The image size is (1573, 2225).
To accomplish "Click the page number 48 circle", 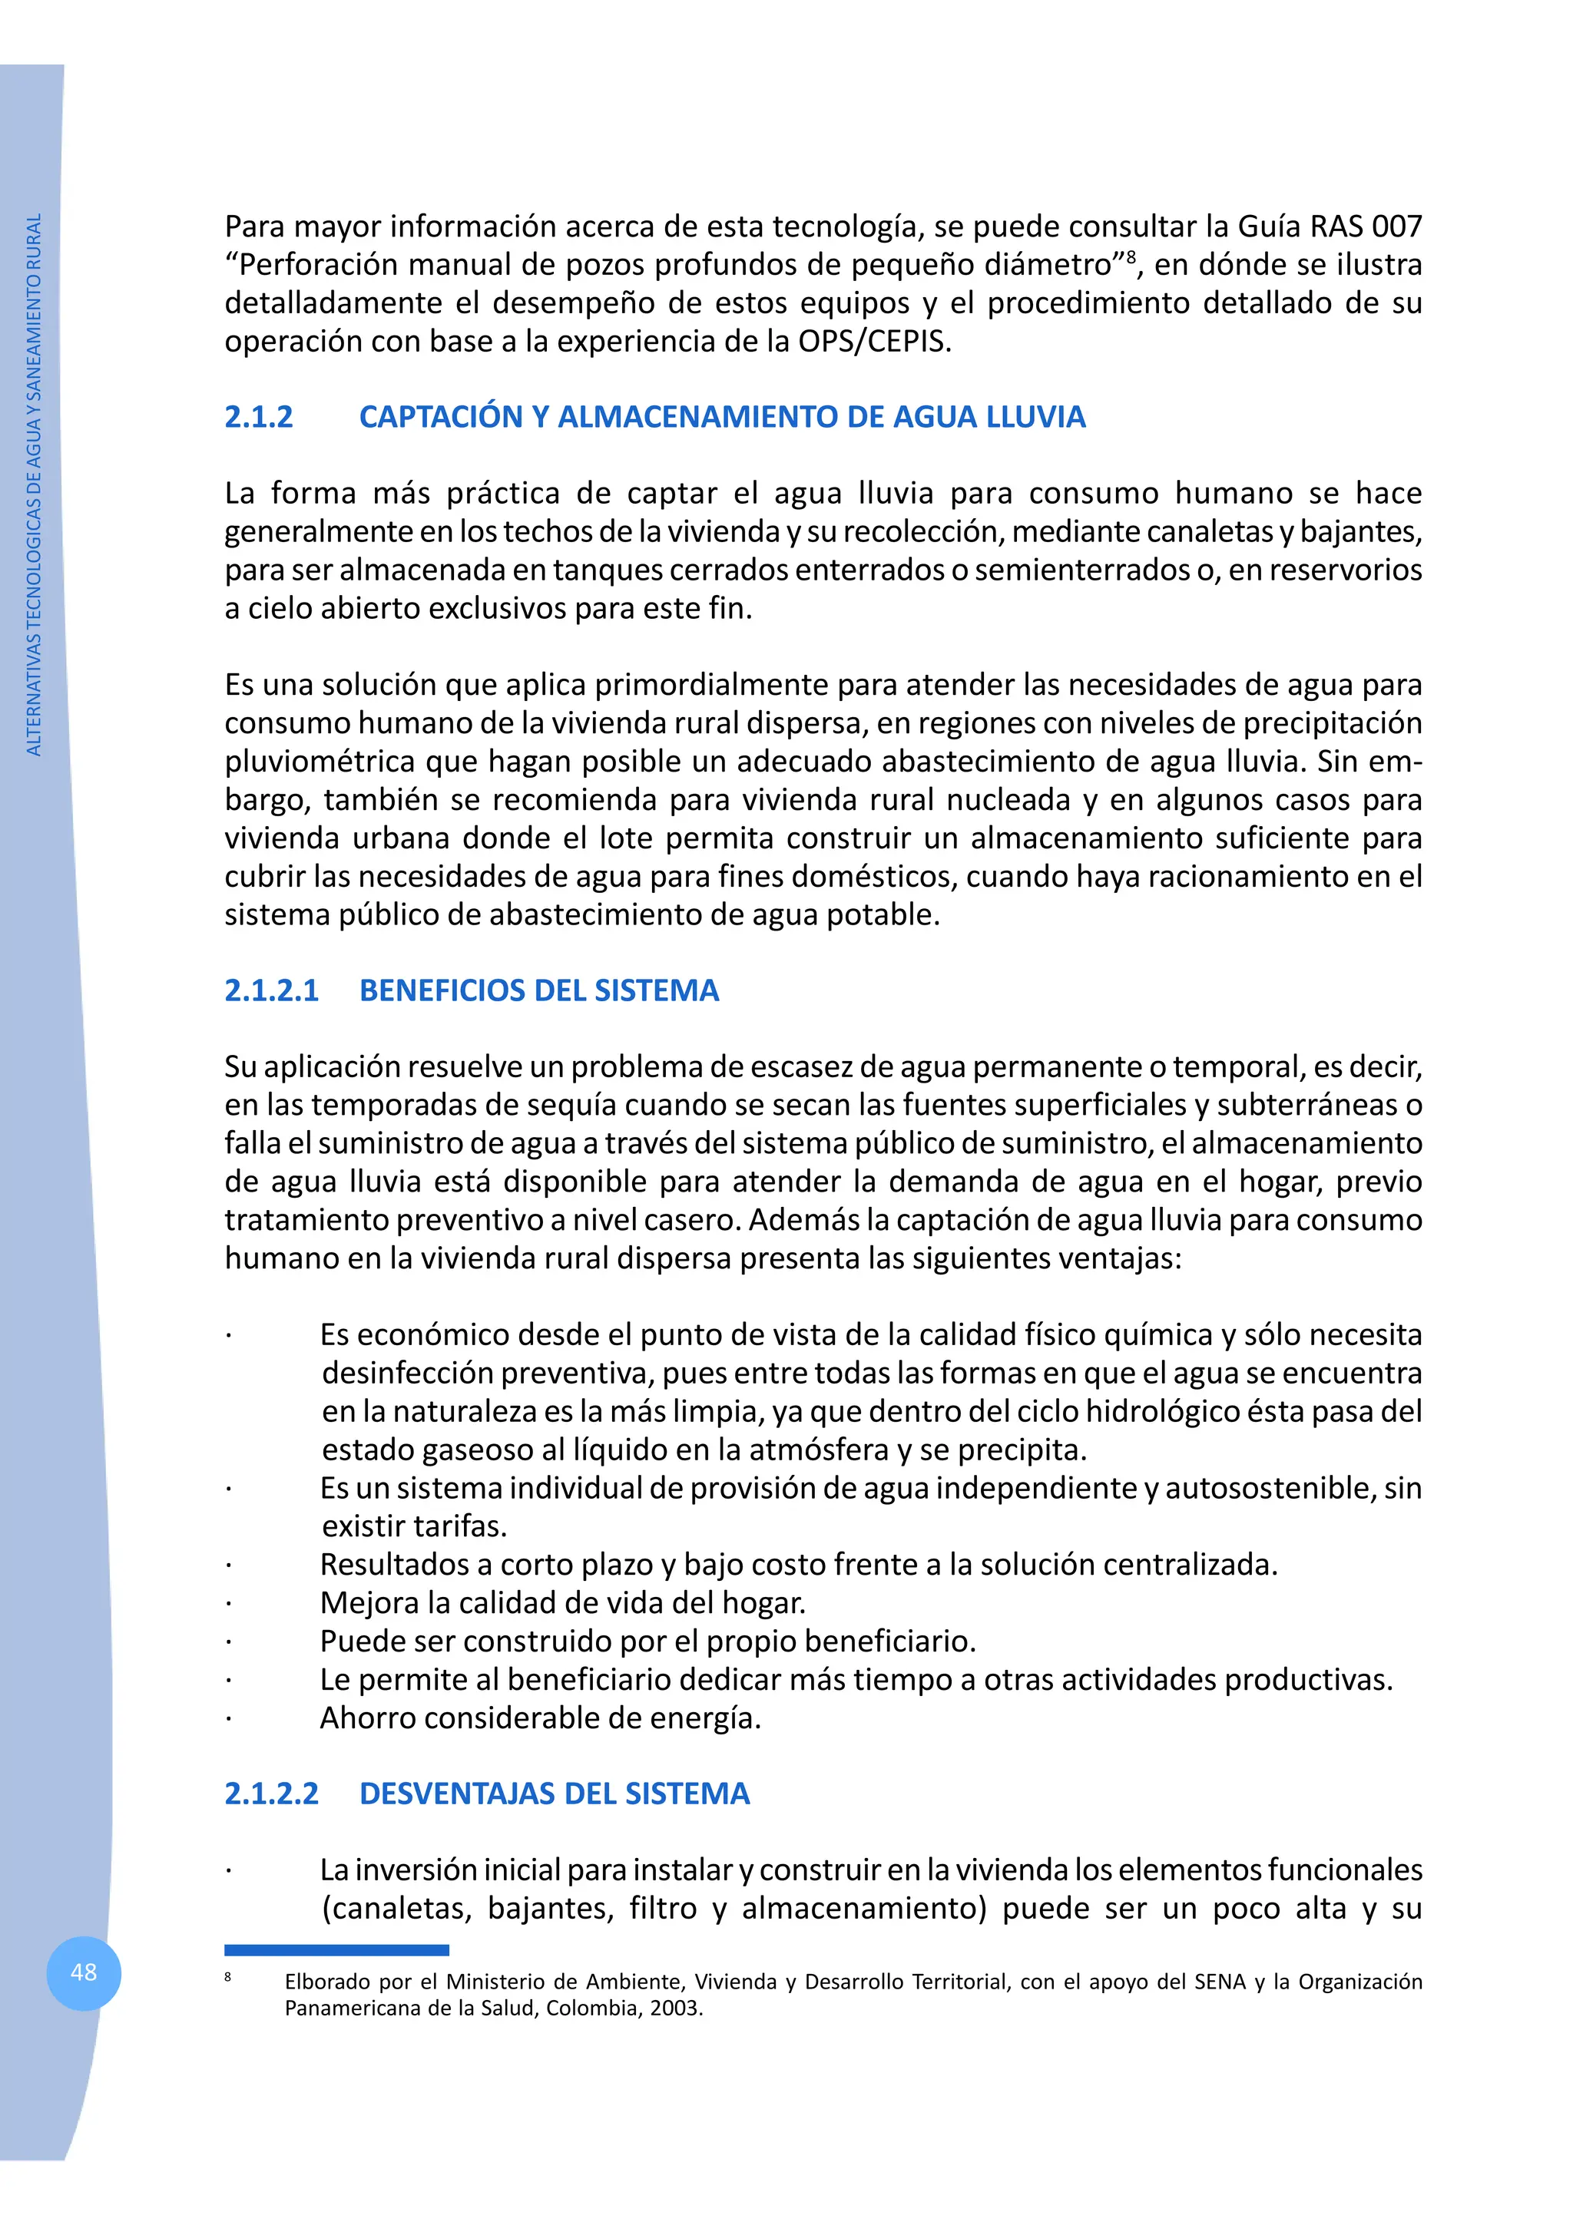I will coord(84,1972).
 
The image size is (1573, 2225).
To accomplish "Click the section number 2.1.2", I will coord(259,417).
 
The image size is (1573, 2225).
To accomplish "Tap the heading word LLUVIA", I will coord(1035,417).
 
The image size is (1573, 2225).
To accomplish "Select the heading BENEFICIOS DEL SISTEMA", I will coord(539,990).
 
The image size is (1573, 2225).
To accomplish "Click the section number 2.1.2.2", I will coord(271,1793).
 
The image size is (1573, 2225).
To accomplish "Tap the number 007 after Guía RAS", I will coord(1396,226).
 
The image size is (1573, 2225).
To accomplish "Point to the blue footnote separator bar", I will coord(336,1949).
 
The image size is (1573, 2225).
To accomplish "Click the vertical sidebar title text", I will coord(34,484).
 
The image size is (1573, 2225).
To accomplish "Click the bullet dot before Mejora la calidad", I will coord(229,1604).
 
